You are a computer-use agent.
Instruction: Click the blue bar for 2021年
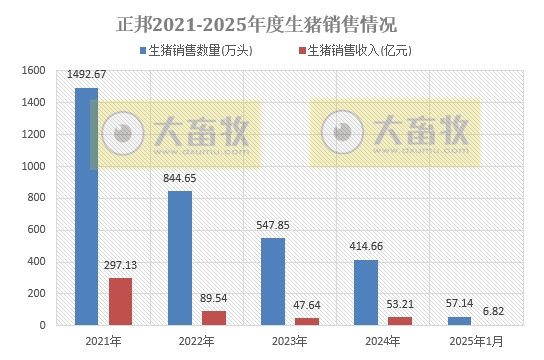[x=87, y=206]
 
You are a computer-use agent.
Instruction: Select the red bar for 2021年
[x=120, y=301]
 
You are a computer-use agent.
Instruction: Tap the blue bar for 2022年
[x=180, y=258]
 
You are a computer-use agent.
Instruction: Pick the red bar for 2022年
[x=213, y=318]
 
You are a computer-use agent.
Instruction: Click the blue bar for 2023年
[x=273, y=281]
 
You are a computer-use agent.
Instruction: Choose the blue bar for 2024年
[x=366, y=292]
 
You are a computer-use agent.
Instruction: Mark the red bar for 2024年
[x=399, y=321]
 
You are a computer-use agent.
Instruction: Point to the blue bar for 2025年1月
[x=459, y=321]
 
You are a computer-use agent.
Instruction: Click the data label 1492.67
[x=86, y=75]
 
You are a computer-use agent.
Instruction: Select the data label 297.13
[x=120, y=265]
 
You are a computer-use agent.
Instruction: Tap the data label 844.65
[x=180, y=178]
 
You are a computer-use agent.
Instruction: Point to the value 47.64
[x=306, y=305]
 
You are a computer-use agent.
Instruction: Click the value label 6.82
[x=493, y=312]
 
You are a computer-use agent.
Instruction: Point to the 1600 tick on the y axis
[x=33, y=71]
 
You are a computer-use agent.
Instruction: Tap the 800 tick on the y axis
[x=37, y=198]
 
